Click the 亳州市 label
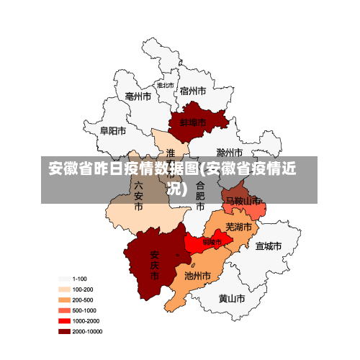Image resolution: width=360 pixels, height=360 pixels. click(138, 96)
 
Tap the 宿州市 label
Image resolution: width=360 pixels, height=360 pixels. click(193, 91)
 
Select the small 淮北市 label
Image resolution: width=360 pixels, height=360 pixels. click(166, 85)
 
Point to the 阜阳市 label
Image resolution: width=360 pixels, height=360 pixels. click(113, 131)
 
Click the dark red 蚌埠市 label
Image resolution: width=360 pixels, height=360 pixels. click(193, 123)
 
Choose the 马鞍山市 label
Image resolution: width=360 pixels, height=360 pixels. click(243, 201)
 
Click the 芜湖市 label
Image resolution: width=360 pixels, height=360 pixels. click(239, 227)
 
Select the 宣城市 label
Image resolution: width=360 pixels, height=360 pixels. click(268, 246)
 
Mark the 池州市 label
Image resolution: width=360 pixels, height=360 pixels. click(197, 275)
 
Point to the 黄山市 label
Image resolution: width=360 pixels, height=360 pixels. click(232, 298)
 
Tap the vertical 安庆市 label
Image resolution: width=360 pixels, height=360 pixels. click(154, 264)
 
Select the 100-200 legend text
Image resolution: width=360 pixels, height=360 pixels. click(82, 289)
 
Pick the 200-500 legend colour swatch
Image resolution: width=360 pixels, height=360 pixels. click(64, 300)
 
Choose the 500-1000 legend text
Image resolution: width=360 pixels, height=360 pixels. click(84, 310)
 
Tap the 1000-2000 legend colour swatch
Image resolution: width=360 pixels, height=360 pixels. click(64, 321)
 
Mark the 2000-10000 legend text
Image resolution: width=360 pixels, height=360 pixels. click(86, 331)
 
